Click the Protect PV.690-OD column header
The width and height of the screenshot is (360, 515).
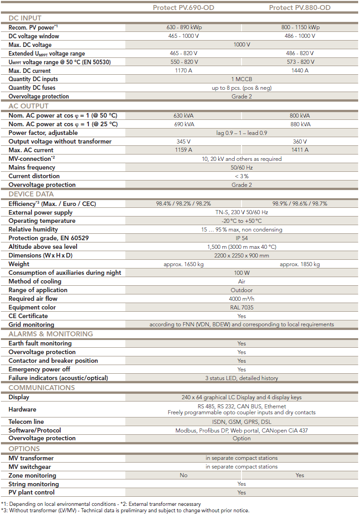coord(184,7)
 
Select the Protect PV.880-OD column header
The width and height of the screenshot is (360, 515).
coord(300,7)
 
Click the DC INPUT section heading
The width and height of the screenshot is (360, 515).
coord(25,18)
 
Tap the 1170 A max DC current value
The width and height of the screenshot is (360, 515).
coord(184,71)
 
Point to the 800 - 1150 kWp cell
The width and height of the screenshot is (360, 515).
coord(300,27)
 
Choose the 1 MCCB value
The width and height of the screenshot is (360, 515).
coord(242,79)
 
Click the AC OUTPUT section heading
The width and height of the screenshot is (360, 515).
coord(28,106)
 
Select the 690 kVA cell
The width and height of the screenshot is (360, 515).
coord(184,124)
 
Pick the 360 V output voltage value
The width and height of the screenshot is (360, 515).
coord(300,141)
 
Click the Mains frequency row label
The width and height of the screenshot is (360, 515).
coord(32,167)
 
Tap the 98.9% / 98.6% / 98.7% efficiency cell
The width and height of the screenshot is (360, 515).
coord(300,204)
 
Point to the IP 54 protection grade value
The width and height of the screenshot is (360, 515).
coord(242,238)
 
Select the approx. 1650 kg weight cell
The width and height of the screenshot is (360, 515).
coord(184,264)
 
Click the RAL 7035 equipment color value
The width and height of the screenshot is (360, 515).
coord(242,308)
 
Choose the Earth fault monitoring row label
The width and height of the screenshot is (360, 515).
coord(40,343)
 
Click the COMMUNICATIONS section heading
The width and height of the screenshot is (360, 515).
coord(41,388)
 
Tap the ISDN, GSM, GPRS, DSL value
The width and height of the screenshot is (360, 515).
coord(242,422)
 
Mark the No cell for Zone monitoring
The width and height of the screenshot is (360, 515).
coord(184,475)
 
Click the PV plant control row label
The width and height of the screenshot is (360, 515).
coord(31,492)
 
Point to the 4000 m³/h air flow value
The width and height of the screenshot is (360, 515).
coord(242,299)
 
